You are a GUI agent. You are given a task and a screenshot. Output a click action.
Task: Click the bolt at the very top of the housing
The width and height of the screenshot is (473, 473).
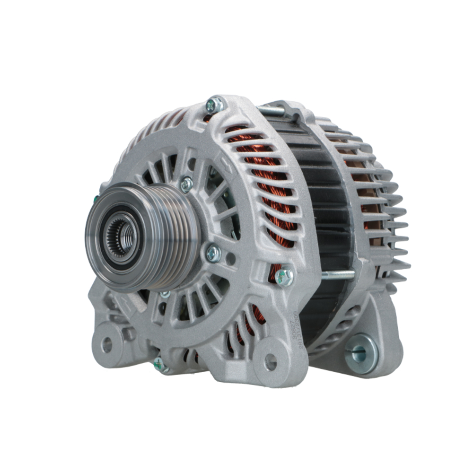[x=214, y=105]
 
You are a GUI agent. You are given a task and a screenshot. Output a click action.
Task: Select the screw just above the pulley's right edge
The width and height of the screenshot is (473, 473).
[x=187, y=184]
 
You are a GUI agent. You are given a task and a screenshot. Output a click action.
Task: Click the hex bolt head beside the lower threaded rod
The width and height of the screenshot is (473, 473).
[x=284, y=277]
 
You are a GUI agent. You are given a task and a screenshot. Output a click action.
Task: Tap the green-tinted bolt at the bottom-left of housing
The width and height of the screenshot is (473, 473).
[x=159, y=364]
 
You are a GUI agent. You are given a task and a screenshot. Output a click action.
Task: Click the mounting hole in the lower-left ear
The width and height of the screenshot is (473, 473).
[x=107, y=345]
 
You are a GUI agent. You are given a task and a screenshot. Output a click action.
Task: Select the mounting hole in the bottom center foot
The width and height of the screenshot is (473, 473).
[x=270, y=361]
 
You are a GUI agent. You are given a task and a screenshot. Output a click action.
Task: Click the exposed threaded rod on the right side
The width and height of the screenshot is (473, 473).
[x=336, y=275]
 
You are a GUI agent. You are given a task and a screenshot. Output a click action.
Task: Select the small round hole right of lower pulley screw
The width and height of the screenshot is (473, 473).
[x=230, y=259]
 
